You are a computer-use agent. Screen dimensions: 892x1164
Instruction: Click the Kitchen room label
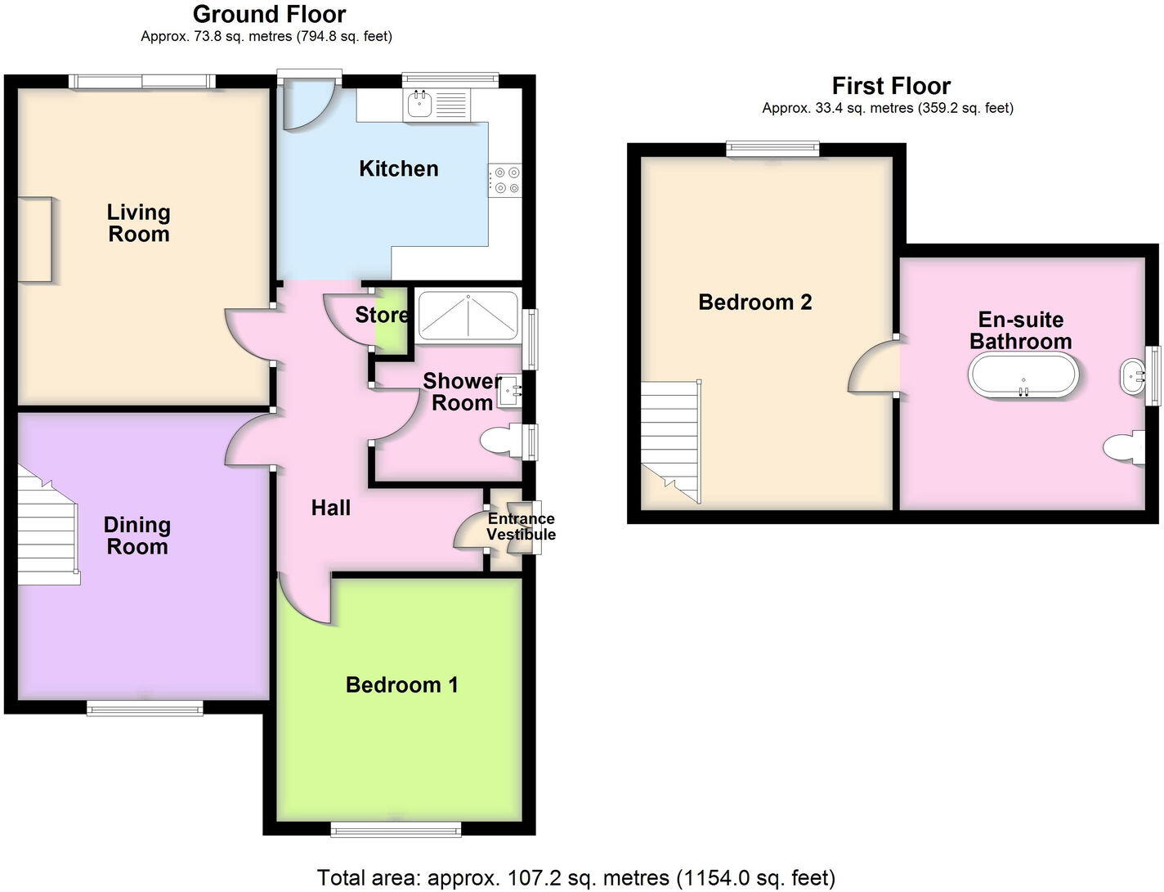[399, 168]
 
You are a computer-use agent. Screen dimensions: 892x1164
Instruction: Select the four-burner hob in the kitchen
[505, 181]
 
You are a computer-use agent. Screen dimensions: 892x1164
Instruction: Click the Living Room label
[138, 223]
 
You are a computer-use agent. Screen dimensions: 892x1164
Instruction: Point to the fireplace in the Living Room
[37, 240]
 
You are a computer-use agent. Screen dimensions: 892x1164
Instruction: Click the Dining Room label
[137, 536]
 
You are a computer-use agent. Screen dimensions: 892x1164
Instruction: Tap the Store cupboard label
[382, 315]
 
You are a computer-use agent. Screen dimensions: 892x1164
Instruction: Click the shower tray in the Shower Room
[468, 316]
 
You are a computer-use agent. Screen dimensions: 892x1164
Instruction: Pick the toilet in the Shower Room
[501, 442]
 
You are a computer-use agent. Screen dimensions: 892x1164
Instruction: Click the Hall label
[331, 508]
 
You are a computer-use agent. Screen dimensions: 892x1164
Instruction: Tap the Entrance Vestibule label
[521, 527]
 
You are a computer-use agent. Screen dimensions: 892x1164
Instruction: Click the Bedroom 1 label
[401, 684]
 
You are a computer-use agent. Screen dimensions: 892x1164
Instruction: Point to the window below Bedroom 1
[396, 830]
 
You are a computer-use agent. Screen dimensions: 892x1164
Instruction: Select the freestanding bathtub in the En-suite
[1023, 376]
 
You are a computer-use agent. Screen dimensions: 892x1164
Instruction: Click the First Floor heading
[891, 86]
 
